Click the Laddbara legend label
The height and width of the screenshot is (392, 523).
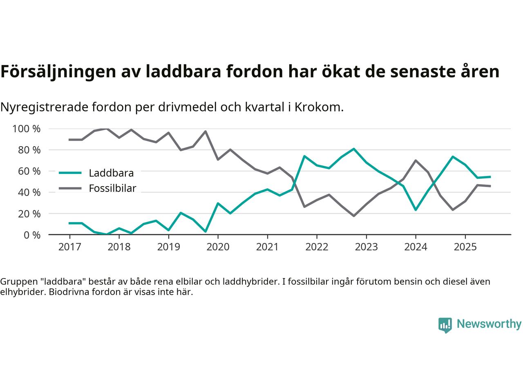(111, 173)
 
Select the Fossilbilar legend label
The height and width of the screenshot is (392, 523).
(112, 189)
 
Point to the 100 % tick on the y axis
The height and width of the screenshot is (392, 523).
(27, 129)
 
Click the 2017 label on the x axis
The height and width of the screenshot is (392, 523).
(69, 247)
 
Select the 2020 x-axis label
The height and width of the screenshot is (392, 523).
(218, 247)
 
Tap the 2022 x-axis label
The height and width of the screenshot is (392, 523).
(317, 247)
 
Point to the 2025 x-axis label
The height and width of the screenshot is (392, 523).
(465, 247)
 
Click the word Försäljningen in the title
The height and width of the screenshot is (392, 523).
(58, 72)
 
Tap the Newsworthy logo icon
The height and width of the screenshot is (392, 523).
(445, 325)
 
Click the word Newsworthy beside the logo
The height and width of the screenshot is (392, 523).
(489, 324)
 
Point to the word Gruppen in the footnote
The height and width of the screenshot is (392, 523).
(18, 282)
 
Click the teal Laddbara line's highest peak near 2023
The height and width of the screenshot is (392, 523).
(353, 149)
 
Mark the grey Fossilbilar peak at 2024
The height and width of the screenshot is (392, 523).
(416, 160)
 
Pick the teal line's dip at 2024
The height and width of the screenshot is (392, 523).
(416, 209)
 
